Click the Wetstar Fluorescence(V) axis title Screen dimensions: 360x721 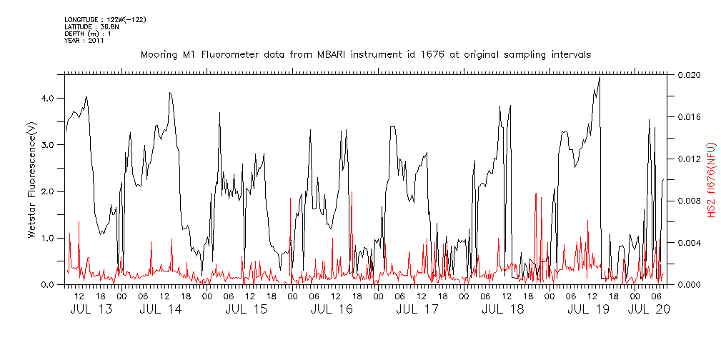[32, 179]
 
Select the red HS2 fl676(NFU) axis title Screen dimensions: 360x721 [712, 179]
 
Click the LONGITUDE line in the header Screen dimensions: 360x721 [105, 20]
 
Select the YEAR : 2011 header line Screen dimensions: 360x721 [84, 41]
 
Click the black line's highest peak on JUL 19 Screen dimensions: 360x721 [600, 77]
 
